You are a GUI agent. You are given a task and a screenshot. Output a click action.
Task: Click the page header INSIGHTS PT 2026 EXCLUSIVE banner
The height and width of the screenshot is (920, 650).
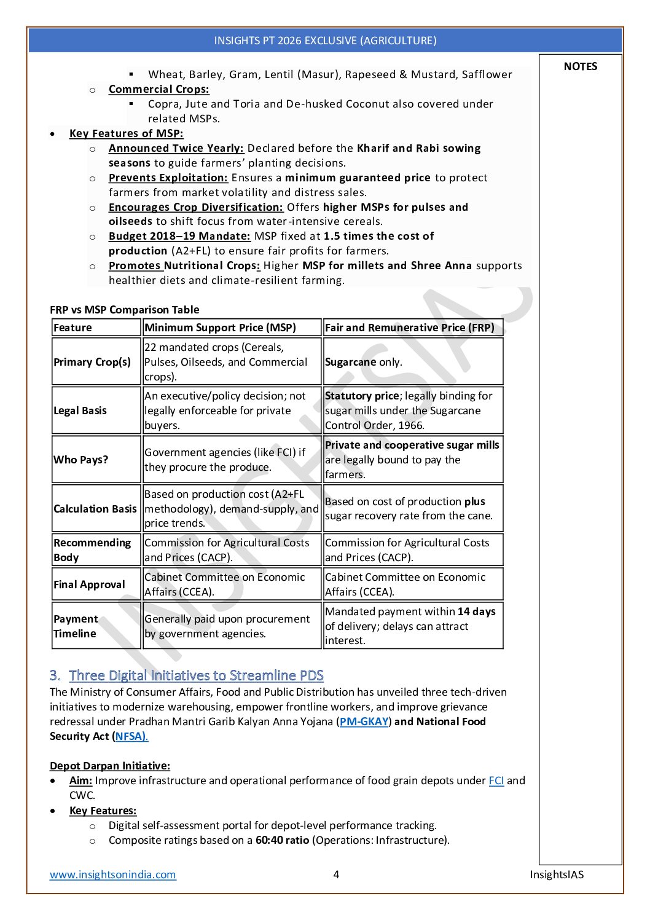pyautogui.click(x=325, y=41)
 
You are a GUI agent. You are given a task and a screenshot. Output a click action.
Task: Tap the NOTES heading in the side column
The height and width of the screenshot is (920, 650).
pyautogui.click(x=580, y=66)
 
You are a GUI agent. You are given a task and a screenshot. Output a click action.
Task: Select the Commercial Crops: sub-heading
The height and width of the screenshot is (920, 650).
pyautogui.click(x=159, y=89)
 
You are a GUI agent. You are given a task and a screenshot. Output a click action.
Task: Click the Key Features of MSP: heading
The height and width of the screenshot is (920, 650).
pyautogui.click(x=126, y=133)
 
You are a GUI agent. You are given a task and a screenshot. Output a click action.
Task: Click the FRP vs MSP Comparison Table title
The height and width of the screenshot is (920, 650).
pyautogui.click(x=124, y=310)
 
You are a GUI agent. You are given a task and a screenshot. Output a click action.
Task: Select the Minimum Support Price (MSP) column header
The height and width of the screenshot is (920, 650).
pyautogui.click(x=220, y=328)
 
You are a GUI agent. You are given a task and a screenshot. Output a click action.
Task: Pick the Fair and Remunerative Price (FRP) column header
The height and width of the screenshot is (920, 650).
pyautogui.click(x=409, y=328)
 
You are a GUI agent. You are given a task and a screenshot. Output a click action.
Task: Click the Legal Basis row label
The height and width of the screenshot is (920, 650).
pyautogui.click(x=80, y=411)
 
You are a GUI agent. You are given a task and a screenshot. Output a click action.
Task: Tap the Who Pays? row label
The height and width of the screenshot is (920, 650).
pyautogui.click(x=81, y=460)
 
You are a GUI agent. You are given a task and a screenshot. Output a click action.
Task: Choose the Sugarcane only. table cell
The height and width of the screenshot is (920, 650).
pyautogui.click(x=363, y=362)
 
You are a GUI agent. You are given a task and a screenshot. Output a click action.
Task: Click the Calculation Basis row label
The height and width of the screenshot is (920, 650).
pyautogui.click(x=95, y=509)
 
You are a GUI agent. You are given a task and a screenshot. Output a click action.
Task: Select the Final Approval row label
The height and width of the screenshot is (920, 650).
pyautogui.click(x=89, y=584)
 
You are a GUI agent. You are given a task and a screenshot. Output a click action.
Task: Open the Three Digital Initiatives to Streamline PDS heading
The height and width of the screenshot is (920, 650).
pyautogui.click(x=196, y=675)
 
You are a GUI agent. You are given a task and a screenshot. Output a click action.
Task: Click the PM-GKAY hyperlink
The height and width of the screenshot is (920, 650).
pyautogui.click(x=364, y=721)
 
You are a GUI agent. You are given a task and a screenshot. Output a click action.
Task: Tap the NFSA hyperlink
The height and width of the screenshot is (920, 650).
pyautogui.click(x=131, y=736)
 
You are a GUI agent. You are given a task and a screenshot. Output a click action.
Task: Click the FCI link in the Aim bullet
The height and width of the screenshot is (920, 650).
pyautogui.click(x=496, y=780)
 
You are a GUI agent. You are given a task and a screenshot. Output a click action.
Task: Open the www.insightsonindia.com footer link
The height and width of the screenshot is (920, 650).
pyautogui.click(x=113, y=875)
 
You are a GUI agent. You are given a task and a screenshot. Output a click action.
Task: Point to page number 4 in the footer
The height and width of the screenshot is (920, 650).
pyautogui.click(x=336, y=875)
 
